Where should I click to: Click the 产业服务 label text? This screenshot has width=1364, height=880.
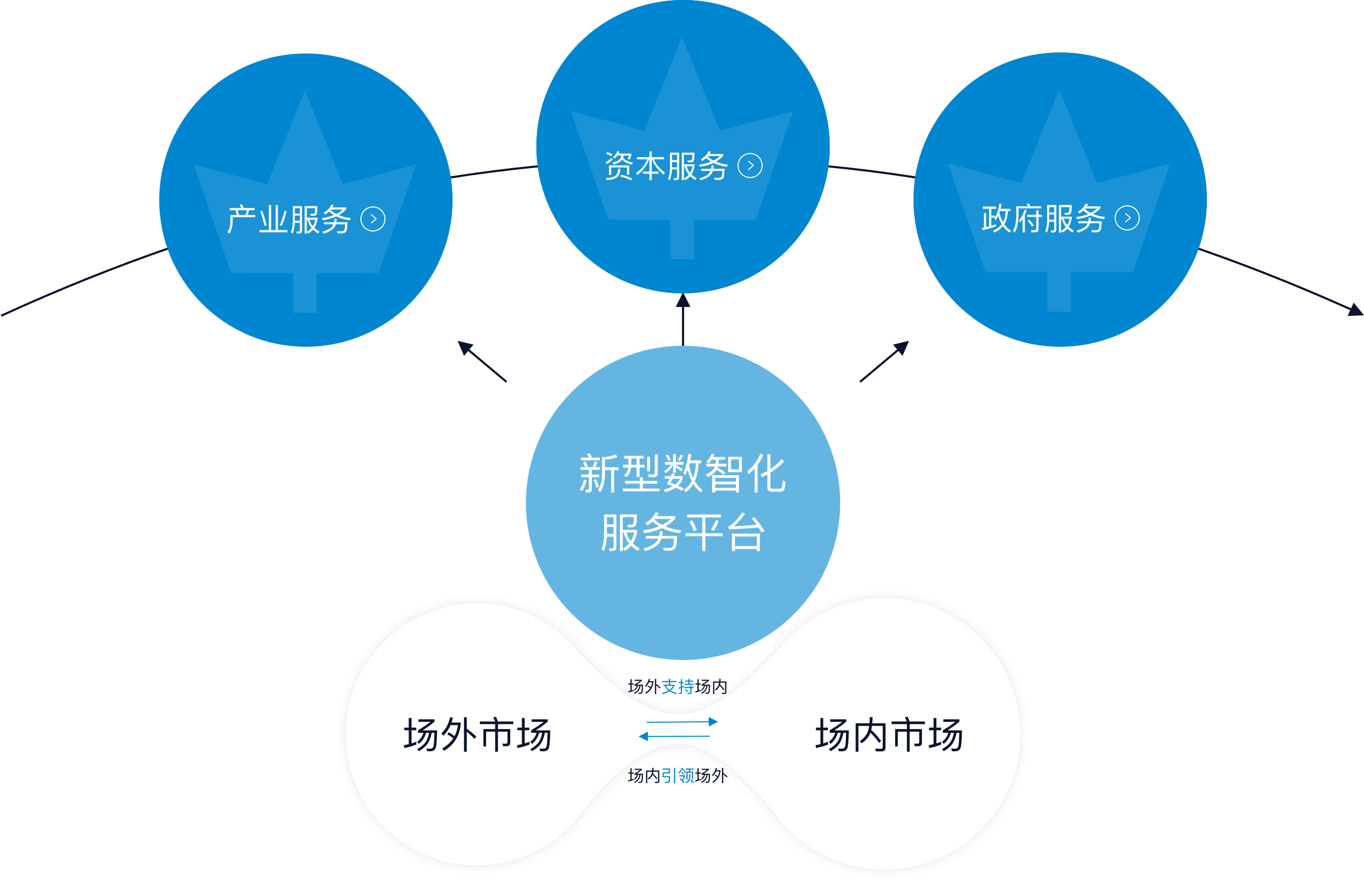pos(289,219)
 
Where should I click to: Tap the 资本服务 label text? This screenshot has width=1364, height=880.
pos(666,166)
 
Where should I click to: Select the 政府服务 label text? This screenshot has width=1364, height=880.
pos(1043,218)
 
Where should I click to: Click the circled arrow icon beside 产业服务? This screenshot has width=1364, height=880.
pos(373,219)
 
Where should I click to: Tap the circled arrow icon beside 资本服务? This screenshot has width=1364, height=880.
pos(750,166)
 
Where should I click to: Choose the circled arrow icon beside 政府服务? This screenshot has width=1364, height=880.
pos(1127,218)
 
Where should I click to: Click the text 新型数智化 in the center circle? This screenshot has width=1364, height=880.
pos(683,474)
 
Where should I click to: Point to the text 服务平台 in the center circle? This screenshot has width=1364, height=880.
pos(683,533)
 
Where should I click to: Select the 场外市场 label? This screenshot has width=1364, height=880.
pos(477,735)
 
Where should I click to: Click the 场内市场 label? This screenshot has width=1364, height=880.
pos(889,735)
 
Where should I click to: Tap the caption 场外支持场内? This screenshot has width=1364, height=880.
pos(677,686)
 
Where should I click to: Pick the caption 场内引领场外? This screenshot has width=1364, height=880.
pos(677,775)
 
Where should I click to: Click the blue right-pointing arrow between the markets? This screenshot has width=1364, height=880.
pos(681,722)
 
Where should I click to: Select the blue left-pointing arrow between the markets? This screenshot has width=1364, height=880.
pos(674,736)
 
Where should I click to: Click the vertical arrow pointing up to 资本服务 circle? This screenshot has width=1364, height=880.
pos(683,320)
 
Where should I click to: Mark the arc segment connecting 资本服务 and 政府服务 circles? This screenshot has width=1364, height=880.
pos(872,171)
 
